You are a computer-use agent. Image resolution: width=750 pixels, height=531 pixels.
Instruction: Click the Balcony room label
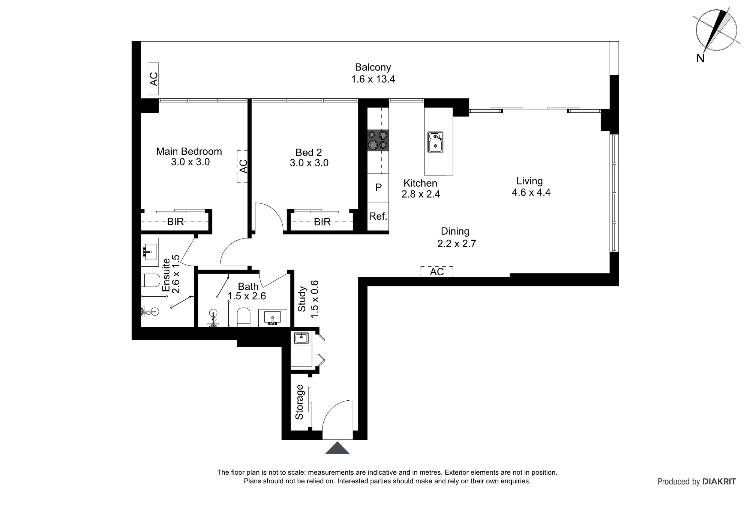click(x=373, y=67)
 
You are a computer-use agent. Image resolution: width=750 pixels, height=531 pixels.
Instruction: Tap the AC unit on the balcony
click(x=153, y=79)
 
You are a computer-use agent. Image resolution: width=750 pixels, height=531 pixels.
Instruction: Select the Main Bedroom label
click(x=189, y=151)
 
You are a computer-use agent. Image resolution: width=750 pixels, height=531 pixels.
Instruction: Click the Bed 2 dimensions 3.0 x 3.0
click(x=309, y=163)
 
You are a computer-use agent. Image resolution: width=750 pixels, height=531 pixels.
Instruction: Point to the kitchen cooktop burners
click(x=378, y=140)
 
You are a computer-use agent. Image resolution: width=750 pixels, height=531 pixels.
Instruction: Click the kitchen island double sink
click(x=435, y=142)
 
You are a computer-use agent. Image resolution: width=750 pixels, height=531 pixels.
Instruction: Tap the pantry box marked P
click(x=378, y=187)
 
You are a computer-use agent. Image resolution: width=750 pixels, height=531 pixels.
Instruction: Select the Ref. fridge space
click(x=378, y=216)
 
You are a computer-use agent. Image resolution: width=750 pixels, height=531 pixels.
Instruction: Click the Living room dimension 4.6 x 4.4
click(x=531, y=193)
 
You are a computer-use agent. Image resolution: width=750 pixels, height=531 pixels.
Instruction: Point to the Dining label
click(x=455, y=231)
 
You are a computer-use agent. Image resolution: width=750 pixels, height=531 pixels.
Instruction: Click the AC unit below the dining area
click(x=437, y=272)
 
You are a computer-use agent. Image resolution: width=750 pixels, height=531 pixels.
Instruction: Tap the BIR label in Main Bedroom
click(x=175, y=222)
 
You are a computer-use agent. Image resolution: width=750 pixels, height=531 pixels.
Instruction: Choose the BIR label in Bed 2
click(x=322, y=222)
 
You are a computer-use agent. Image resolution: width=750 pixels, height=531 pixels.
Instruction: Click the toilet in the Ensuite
click(x=150, y=280)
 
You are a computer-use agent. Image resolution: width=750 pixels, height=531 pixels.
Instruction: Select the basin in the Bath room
click(x=273, y=318)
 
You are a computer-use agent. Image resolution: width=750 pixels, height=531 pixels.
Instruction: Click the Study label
click(x=302, y=299)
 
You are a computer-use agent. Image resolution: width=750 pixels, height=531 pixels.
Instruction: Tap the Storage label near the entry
click(x=299, y=402)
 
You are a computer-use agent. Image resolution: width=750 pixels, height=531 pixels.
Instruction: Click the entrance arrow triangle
click(x=337, y=448)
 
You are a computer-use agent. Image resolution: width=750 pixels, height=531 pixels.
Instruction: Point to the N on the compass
click(x=700, y=58)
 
